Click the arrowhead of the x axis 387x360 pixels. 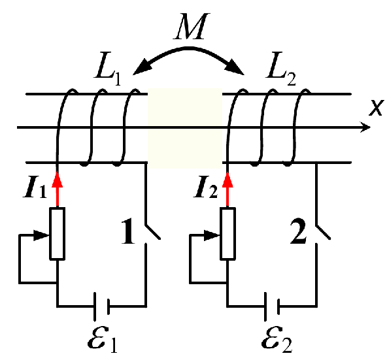click(x=360, y=127)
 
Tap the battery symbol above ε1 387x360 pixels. click(x=101, y=305)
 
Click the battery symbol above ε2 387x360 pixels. click(x=272, y=305)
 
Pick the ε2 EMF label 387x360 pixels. click(x=274, y=339)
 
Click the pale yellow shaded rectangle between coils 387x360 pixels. click(x=185, y=127)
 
